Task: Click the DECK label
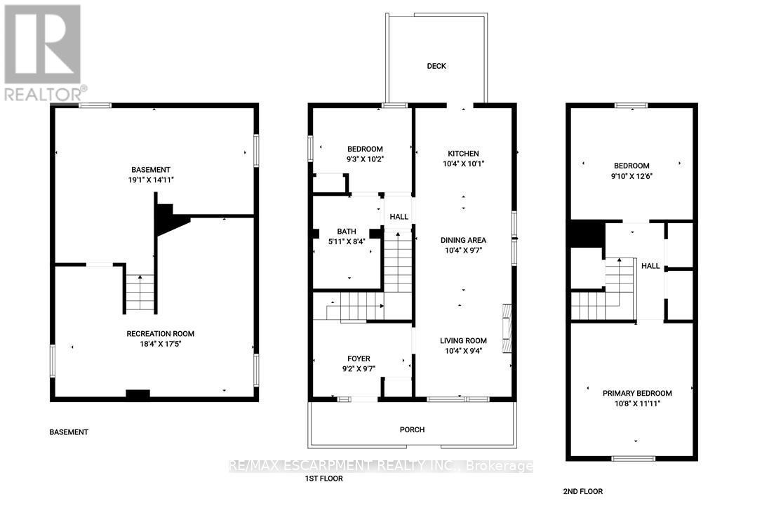point(436,66)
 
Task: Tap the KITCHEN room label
point(463,154)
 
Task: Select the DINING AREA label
point(463,240)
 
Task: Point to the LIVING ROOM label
point(463,341)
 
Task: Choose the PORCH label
point(413,429)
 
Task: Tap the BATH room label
point(347,232)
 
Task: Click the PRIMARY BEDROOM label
point(637,393)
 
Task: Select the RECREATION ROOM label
point(160,333)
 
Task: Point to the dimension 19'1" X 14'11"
point(151,180)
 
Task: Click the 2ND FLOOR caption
point(583,491)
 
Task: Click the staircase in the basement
point(140,293)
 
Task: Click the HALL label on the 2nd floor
point(650,266)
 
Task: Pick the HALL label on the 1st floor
point(399,217)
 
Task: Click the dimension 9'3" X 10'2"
point(365,159)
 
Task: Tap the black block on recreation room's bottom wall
point(138,395)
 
